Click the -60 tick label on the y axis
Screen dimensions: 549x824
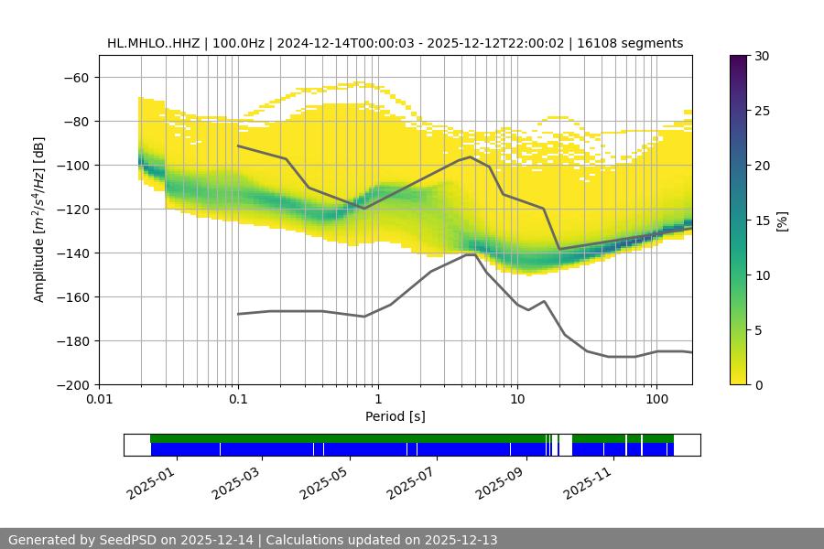76,77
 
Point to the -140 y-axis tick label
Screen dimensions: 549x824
72,253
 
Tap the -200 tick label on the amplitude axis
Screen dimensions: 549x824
72,384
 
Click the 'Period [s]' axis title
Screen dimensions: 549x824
396,416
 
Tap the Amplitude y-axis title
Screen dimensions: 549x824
38,221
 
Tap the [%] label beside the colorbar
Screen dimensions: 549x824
783,221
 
